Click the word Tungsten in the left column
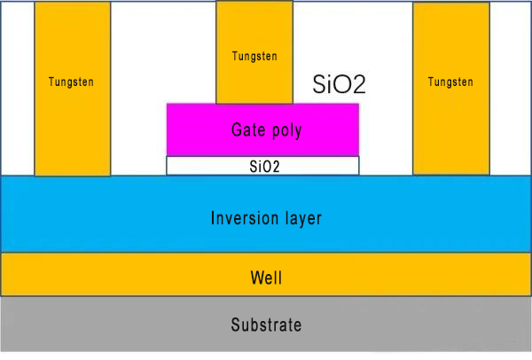(72, 82)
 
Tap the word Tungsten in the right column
(450, 82)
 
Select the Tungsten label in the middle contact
(254, 56)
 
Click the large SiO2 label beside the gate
(340, 84)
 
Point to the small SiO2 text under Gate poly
(263, 166)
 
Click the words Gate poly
(266, 130)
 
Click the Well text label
(266, 278)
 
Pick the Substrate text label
(266, 325)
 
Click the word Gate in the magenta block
(247, 130)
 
